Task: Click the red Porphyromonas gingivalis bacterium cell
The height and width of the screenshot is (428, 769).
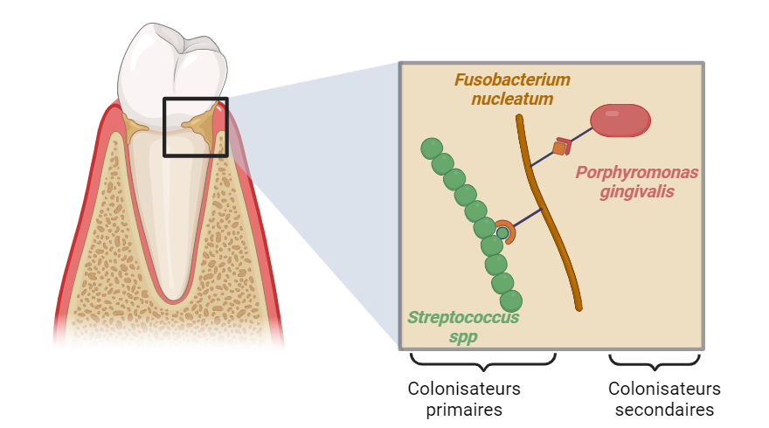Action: (x=620, y=121)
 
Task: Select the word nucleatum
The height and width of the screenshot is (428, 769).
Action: (x=512, y=100)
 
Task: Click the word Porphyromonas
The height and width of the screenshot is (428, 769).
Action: (x=637, y=172)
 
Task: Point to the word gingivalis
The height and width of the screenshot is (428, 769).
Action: (x=637, y=191)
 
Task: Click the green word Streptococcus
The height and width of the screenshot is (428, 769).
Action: (x=463, y=317)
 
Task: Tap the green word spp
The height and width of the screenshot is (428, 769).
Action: (x=463, y=336)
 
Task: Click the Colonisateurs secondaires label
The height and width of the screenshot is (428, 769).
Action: (x=664, y=398)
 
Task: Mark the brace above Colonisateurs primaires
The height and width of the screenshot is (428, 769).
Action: (x=482, y=360)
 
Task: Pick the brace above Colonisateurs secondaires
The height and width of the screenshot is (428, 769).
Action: (x=655, y=361)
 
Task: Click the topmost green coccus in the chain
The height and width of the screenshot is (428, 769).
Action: (x=431, y=148)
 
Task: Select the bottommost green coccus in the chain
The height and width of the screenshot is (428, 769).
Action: (x=511, y=300)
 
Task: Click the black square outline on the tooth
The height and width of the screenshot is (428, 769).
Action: (x=195, y=128)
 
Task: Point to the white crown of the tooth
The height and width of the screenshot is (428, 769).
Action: (x=173, y=66)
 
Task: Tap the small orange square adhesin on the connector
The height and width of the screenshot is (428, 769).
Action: (x=559, y=148)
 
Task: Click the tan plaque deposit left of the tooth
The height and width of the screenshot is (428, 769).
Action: (x=135, y=129)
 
